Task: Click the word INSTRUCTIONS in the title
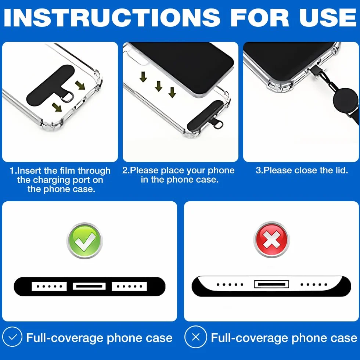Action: click(x=112, y=18)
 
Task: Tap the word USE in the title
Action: click(x=328, y=18)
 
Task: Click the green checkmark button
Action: click(x=84, y=240)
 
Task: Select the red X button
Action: click(x=271, y=240)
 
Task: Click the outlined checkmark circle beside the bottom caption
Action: click(x=12, y=337)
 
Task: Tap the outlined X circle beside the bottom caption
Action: click(x=195, y=337)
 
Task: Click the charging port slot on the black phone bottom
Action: click(x=89, y=286)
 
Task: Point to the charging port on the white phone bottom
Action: click(x=271, y=284)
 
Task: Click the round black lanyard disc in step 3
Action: click(x=345, y=98)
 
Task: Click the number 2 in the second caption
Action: click(x=125, y=170)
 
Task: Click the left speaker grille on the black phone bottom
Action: click(x=49, y=286)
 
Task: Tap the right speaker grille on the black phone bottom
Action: click(x=129, y=286)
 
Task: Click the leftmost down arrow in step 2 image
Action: click(x=143, y=77)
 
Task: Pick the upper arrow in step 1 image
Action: click(x=80, y=85)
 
